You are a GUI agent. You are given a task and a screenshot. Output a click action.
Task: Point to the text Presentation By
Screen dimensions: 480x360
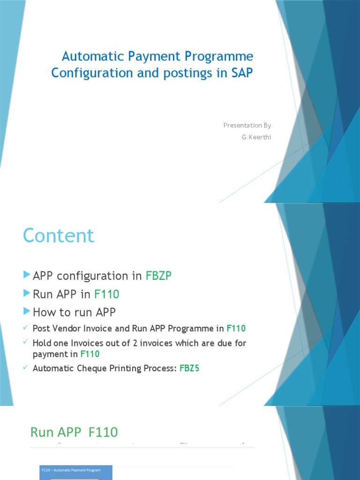click(247, 125)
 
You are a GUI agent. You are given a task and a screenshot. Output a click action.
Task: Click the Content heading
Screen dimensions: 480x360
click(59, 236)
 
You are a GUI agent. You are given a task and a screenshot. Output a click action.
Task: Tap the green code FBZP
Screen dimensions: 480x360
click(158, 276)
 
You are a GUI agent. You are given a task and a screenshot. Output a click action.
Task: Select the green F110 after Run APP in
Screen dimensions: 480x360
click(107, 294)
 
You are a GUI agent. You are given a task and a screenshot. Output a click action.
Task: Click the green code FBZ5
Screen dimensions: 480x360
click(189, 368)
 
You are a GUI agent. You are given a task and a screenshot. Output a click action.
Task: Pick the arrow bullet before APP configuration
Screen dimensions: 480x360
click(27, 275)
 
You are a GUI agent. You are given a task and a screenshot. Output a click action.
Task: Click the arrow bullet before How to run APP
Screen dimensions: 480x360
click(27, 312)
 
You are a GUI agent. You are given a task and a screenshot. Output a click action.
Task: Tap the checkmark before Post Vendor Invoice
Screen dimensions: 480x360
click(26, 328)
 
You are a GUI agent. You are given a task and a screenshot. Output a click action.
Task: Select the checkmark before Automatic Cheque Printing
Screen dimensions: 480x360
click(26, 367)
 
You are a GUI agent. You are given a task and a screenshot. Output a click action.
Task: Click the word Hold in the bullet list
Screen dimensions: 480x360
click(42, 343)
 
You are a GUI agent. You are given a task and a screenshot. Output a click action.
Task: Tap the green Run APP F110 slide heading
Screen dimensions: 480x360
click(74, 432)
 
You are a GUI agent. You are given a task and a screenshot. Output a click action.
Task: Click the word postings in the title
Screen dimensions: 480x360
click(167, 73)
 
